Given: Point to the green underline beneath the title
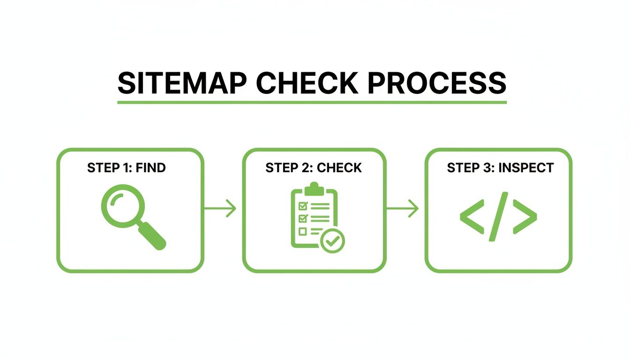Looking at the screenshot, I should (x=312, y=102).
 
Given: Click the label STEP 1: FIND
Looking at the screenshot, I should (x=127, y=168).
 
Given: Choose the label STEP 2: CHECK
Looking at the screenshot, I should (x=314, y=168).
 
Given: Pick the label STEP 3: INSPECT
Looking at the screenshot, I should (x=500, y=168).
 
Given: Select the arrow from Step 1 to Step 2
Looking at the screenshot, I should (x=220, y=208).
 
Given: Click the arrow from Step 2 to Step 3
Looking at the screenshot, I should (x=403, y=208).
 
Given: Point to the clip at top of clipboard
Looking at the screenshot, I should (x=314, y=189).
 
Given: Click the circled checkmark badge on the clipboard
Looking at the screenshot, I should (x=332, y=241).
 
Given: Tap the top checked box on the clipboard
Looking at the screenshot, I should (x=302, y=206).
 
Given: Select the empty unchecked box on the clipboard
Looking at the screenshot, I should (x=302, y=231).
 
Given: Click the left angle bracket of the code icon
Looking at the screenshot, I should (x=472, y=217).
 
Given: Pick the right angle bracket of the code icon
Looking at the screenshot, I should (x=525, y=217).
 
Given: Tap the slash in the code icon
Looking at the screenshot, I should (x=498, y=217).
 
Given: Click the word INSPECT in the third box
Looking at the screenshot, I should (x=526, y=168).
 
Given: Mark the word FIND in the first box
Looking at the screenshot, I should (x=150, y=168).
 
